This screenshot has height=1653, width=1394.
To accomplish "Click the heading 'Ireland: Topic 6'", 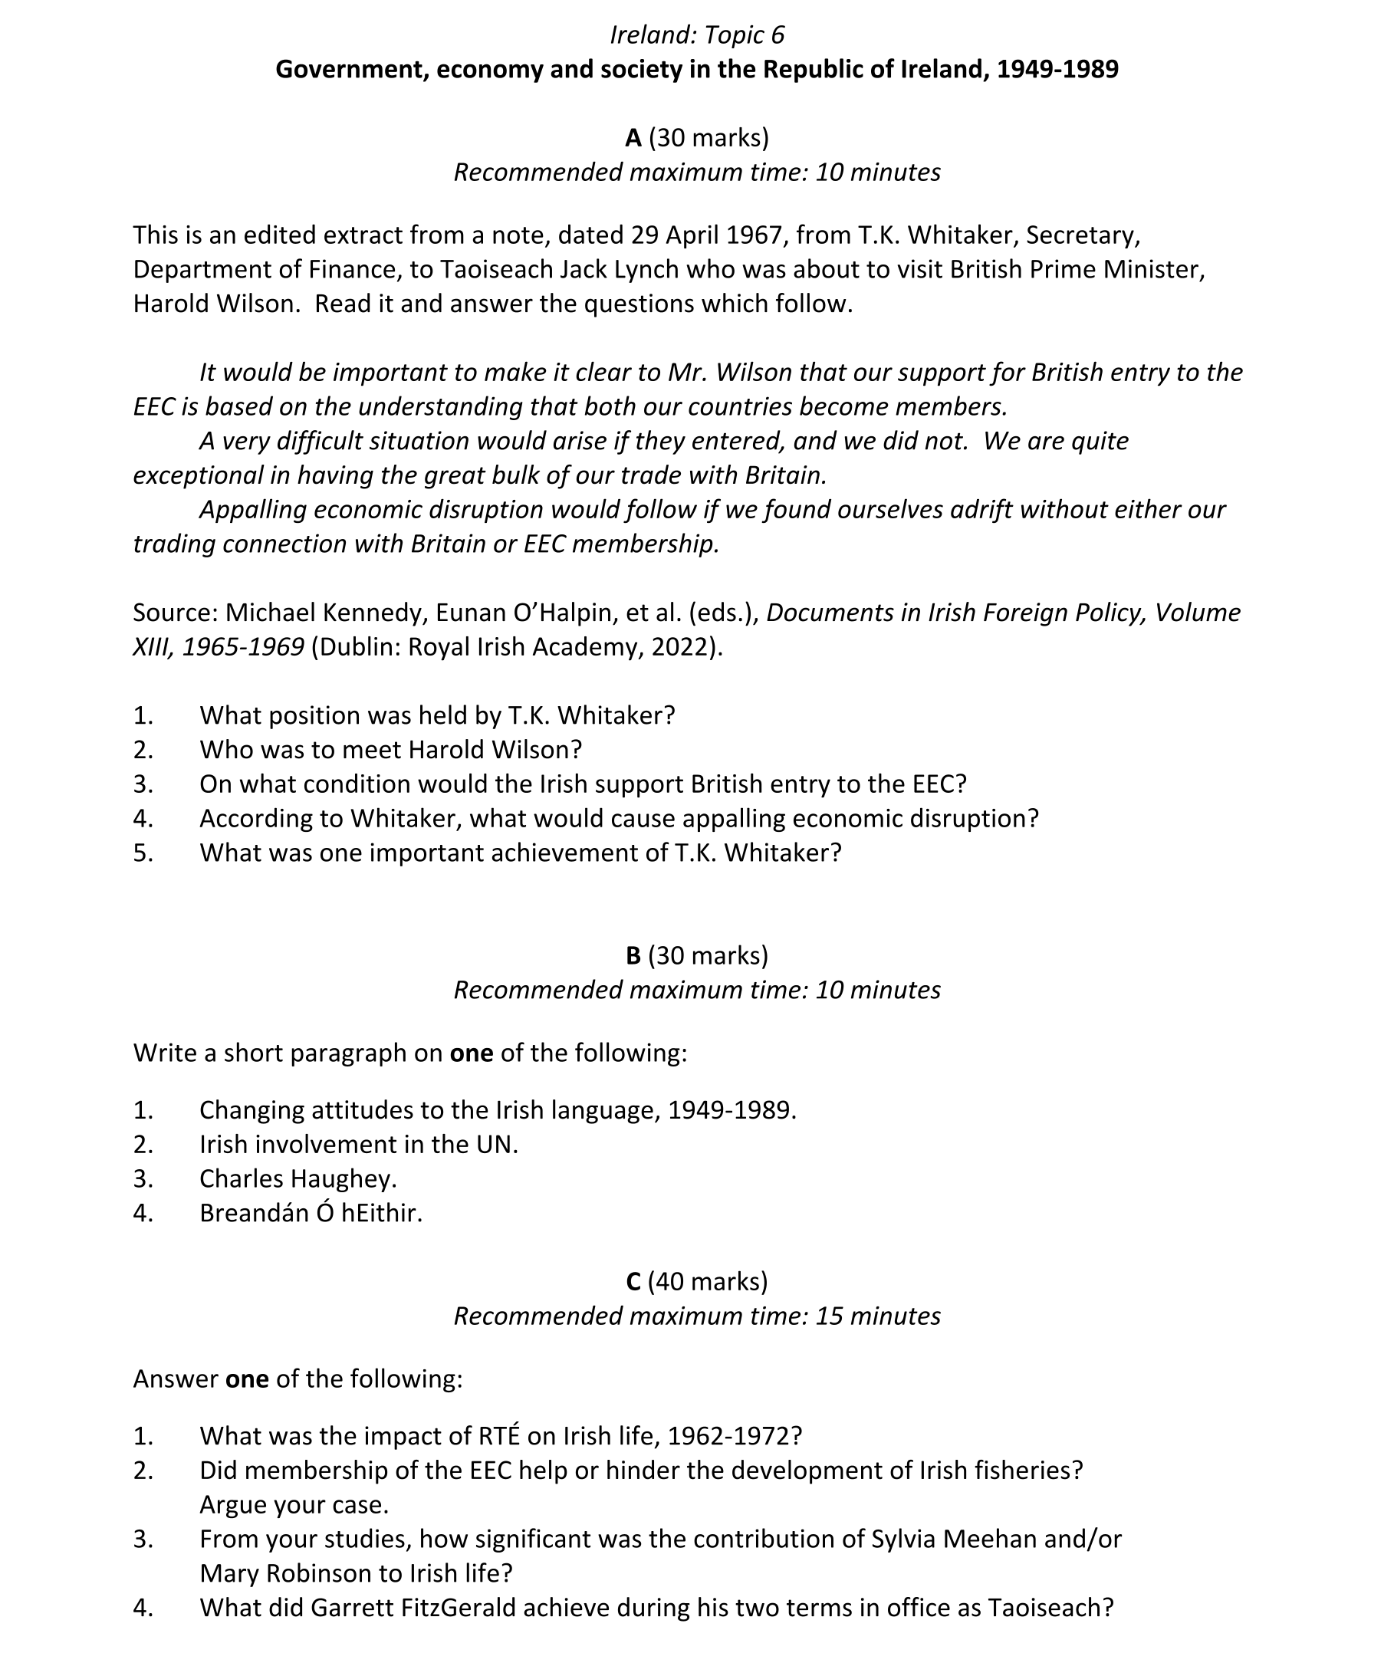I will click(696, 35).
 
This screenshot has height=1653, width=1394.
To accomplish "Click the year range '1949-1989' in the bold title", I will click(1057, 70).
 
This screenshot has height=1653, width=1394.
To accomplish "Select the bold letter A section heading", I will click(633, 138).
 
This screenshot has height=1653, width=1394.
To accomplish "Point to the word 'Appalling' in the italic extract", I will click(253, 510).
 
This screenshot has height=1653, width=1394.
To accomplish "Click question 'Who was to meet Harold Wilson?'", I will click(390, 750).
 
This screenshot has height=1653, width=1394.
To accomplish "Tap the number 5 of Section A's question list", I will click(143, 853).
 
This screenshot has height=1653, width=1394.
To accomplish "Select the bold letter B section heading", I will click(633, 956).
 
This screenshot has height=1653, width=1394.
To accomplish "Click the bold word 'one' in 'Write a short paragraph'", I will click(471, 1053).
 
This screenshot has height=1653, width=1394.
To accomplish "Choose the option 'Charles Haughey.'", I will click(298, 1179).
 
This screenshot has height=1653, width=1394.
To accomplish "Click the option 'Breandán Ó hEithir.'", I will click(311, 1213).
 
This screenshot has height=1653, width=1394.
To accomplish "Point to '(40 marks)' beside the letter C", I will click(707, 1282).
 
